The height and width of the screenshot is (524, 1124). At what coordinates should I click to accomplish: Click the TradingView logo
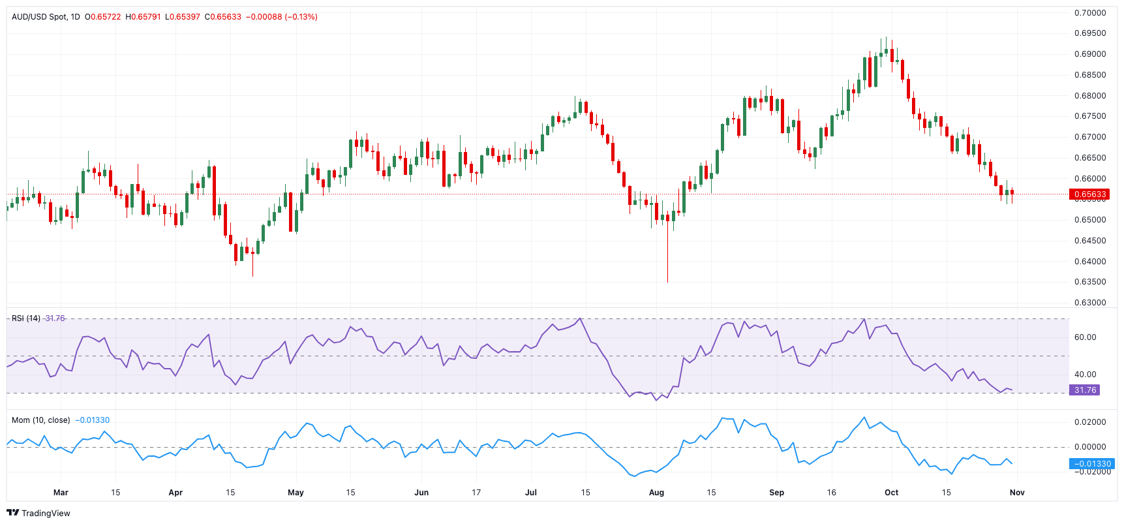(x=38, y=513)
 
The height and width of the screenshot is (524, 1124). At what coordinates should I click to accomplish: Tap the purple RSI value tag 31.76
(x=1085, y=390)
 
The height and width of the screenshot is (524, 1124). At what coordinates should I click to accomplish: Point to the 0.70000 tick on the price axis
(x=1090, y=13)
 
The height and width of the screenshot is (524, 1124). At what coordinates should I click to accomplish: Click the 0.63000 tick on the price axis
(x=1090, y=303)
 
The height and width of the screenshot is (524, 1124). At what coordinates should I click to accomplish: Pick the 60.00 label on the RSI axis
(x=1085, y=337)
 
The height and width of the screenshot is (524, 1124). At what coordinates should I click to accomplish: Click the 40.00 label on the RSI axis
(x=1085, y=375)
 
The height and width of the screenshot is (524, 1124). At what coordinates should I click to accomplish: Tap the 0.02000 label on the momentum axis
(x=1090, y=422)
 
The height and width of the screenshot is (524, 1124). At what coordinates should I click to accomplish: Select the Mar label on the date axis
(x=61, y=493)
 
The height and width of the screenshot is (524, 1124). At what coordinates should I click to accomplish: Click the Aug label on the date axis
(x=656, y=493)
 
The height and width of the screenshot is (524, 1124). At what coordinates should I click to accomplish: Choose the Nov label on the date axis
(x=1016, y=493)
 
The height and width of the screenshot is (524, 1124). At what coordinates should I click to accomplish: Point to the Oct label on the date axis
(x=891, y=493)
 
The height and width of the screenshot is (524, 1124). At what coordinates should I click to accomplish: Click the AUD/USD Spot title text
(x=39, y=17)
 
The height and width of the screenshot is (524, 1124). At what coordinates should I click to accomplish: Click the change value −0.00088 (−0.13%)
(x=281, y=17)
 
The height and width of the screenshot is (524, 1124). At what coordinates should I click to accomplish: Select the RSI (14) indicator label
(x=26, y=318)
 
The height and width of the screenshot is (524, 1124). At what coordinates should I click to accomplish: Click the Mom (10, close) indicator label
(x=40, y=420)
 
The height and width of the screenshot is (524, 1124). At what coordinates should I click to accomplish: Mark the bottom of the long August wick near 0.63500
(x=667, y=281)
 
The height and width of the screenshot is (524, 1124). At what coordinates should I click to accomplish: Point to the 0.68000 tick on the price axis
(x=1090, y=96)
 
